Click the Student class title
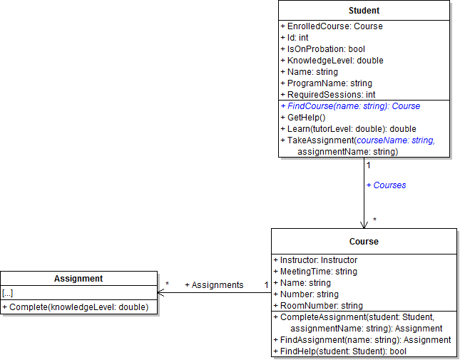point(364,11)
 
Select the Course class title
point(364,242)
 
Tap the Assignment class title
point(78,279)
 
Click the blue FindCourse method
point(350,106)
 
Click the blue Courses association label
point(386,185)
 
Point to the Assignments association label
point(214,285)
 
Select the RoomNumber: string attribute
point(318,306)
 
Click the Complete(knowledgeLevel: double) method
point(75,307)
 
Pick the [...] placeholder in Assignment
point(7,293)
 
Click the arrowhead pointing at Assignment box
point(161,292)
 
